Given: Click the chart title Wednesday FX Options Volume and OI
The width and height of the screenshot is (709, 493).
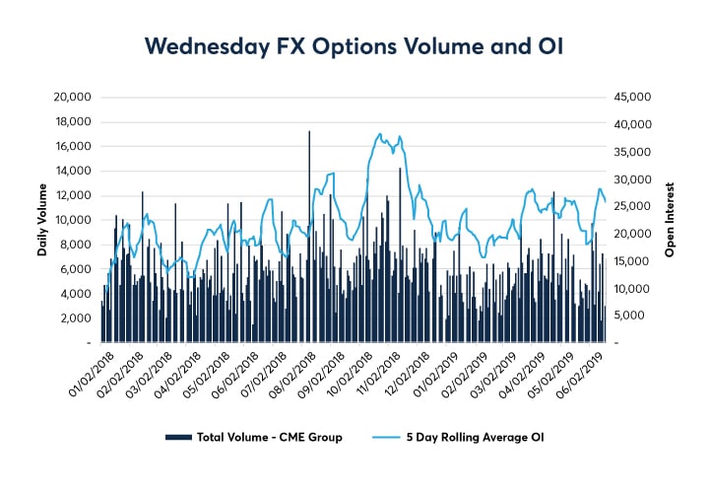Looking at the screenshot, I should (354, 45).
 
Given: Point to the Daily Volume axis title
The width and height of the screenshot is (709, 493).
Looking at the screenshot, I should (42, 220).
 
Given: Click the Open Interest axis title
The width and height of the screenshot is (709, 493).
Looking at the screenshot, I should (669, 220).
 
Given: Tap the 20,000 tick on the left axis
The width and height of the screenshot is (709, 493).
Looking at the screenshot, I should (71, 98).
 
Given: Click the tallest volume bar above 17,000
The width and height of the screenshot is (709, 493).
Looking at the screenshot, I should (309, 133).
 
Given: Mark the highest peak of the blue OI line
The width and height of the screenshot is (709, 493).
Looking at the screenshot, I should (380, 134).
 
